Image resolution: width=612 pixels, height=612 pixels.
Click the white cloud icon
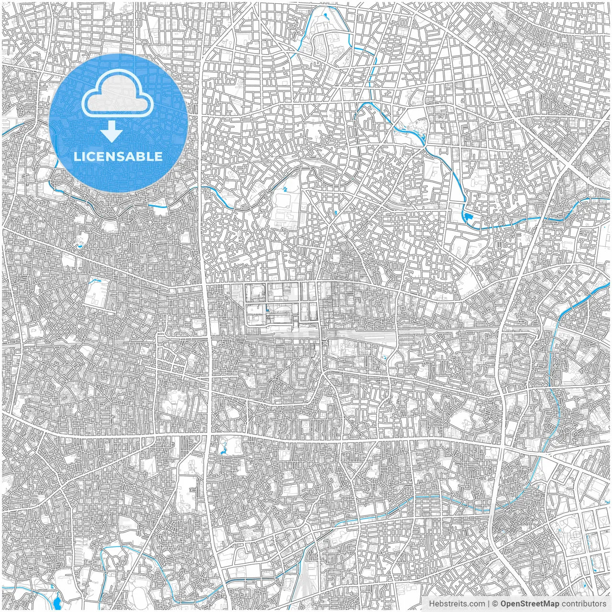pos(118,94)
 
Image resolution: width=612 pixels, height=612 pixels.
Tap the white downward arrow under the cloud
pos(112,132)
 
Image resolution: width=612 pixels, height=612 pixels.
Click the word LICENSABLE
pos(118,156)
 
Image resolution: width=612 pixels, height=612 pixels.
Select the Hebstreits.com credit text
pos(456,604)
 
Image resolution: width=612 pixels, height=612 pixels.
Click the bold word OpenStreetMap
pos(530,604)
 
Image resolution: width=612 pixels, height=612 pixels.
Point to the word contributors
pos(584,604)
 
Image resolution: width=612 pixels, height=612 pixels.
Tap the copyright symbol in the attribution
pos(495,604)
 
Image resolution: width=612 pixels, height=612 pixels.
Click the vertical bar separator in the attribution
pos(488,604)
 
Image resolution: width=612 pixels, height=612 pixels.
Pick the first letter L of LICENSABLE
pos(76,156)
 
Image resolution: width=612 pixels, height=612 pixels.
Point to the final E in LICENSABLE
pos(159,156)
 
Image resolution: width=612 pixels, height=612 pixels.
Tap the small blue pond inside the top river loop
pos(327,16)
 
